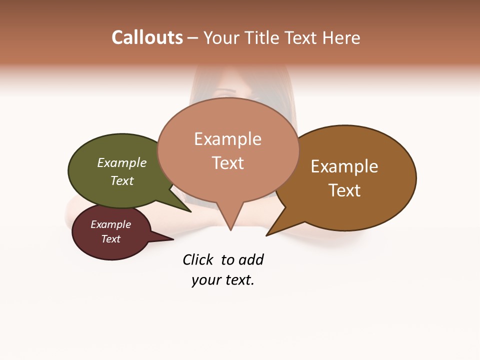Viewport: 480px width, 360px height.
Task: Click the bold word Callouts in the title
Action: (x=147, y=37)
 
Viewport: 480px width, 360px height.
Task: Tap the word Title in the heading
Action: (x=263, y=37)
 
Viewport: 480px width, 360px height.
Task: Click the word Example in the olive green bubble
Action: (x=122, y=163)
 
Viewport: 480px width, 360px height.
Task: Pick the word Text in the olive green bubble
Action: (x=122, y=180)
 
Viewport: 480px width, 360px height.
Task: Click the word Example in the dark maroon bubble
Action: (x=110, y=224)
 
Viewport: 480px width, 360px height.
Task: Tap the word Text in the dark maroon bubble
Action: (x=110, y=239)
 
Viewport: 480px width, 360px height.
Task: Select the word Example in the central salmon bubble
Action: (x=227, y=139)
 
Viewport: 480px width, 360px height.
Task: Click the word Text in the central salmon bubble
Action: (x=227, y=163)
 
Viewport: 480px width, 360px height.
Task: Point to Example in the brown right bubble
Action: (x=344, y=166)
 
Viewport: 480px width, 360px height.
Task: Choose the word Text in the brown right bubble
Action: (x=344, y=190)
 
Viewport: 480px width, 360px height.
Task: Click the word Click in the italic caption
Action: (x=198, y=260)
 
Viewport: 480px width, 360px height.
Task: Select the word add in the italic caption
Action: (x=251, y=260)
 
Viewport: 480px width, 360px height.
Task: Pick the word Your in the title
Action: (x=222, y=37)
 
